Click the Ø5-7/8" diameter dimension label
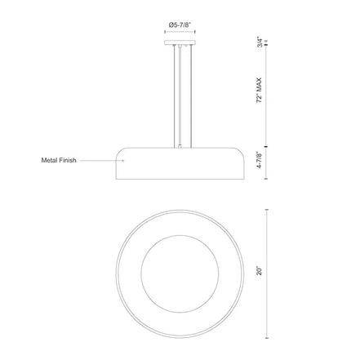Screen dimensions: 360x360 tap(180, 25)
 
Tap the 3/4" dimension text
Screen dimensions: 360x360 tap(260, 42)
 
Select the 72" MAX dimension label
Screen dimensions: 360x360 tap(260, 90)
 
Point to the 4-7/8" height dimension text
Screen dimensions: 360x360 tap(260, 160)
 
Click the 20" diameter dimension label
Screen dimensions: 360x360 tap(260, 271)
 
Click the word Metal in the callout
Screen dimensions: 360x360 tap(48, 160)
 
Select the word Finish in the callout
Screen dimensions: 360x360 tap(67, 160)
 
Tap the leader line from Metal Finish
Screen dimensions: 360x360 tap(101, 161)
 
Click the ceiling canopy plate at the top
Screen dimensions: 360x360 tap(180, 42)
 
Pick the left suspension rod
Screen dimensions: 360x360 tap(175, 96)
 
